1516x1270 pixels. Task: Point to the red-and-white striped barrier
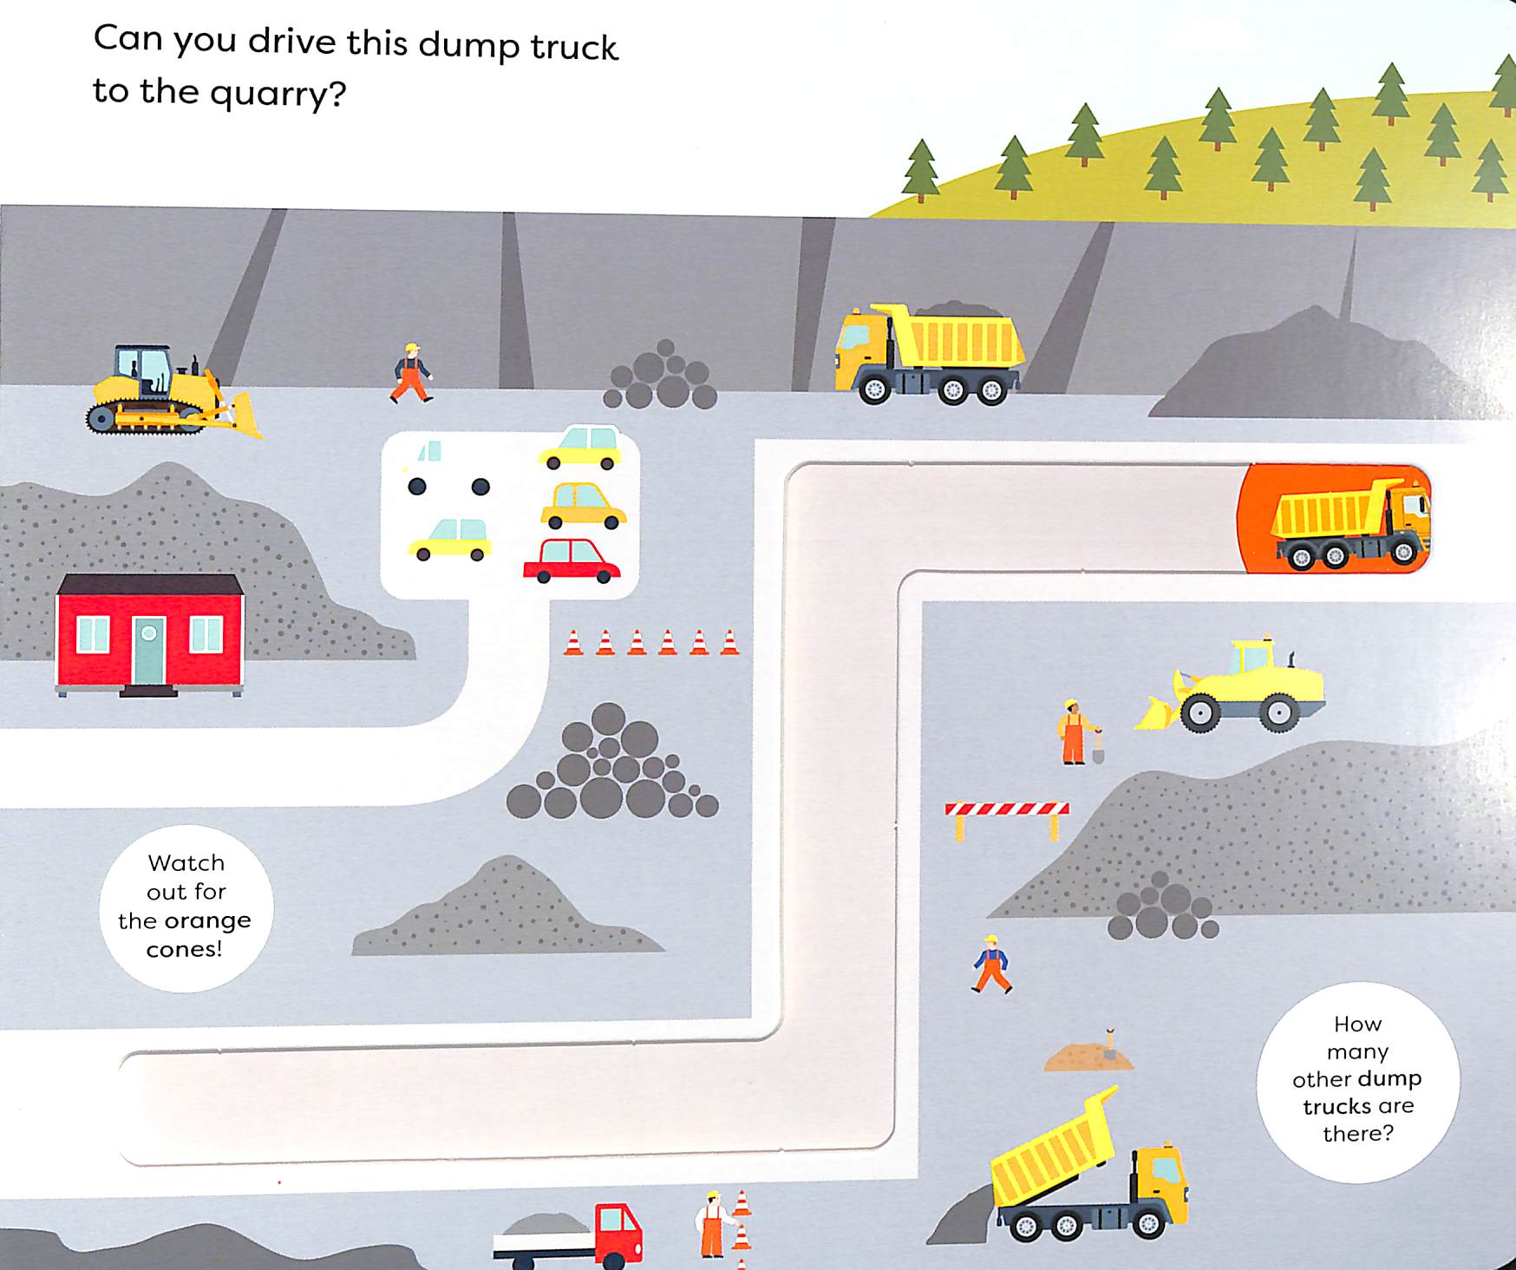coord(1006,810)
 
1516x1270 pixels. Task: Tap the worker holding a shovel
coord(1075,731)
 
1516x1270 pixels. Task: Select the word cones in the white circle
coord(184,949)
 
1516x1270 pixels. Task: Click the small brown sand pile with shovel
coord(1088,1057)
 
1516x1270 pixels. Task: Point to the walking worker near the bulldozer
coord(411,373)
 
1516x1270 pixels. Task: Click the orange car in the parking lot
coord(583,506)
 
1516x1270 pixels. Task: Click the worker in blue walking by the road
coord(991,964)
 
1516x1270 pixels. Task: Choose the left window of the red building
coord(93,634)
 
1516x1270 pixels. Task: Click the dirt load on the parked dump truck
coord(958,310)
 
